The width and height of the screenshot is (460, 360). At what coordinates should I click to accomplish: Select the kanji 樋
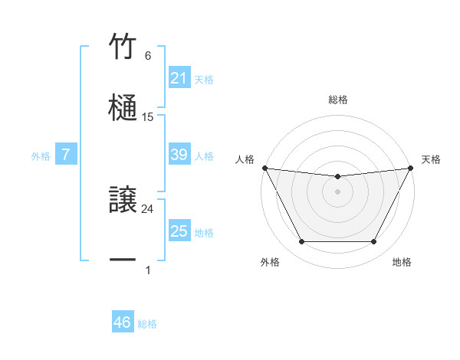(x=123, y=108)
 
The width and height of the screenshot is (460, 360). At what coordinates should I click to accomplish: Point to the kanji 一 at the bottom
(x=123, y=261)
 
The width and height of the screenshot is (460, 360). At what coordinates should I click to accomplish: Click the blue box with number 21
(x=179, y=78)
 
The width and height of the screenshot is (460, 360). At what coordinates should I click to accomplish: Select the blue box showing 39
(x=179, y=155)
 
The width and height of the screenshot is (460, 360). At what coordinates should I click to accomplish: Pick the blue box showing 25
(x=179, y=231)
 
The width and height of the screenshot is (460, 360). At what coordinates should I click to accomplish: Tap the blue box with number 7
(x=66, y=155)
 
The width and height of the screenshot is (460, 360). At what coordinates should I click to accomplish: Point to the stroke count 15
(x=148, y=117)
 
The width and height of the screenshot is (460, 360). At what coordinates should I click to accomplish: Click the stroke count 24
(x=148, y=208)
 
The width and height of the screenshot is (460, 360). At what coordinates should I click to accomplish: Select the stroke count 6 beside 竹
(x=148, y=56)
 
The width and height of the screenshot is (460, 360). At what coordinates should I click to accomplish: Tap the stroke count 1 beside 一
(x=148, y=270)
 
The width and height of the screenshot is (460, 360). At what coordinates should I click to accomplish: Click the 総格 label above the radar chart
(x=338, y=100)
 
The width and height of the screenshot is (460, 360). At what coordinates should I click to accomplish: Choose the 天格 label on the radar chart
(x=432, y=159)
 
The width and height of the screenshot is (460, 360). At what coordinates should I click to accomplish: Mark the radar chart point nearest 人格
(x=264, y=168)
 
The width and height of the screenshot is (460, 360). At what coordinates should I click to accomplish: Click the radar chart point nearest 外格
(x=301, y=242)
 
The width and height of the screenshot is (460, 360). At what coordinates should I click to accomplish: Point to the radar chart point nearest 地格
(x=374, y=242)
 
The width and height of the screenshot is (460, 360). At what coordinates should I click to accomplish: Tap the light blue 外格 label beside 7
(x=41, y=155)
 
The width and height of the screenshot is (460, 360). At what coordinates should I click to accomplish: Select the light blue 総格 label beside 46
(x=147, y=324)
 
